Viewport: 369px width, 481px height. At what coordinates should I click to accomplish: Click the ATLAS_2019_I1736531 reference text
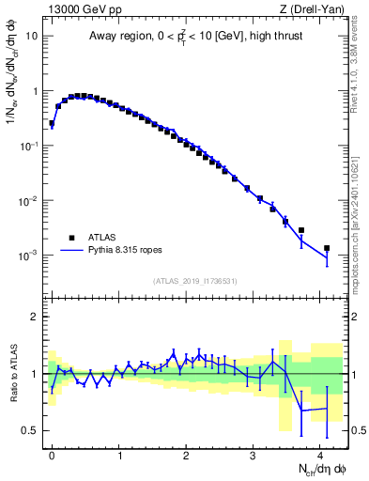tap(195, 281)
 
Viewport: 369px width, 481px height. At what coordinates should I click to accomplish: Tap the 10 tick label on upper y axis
tap(32, 37)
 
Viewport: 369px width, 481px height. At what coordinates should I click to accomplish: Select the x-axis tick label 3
tap(254, 453)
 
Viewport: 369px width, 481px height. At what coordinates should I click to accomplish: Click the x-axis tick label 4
tap(320, 453)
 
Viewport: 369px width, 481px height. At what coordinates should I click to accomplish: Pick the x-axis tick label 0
tap(52, 453)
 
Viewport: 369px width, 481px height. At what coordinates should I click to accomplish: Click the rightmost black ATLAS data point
tap(327, 248)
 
